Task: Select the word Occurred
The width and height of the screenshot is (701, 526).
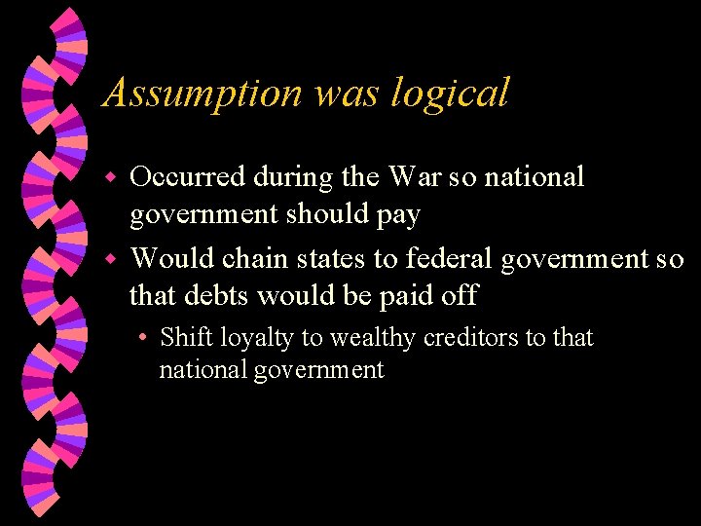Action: [x=188, y=177]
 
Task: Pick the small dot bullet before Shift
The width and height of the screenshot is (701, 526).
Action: [x=143, y=339]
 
